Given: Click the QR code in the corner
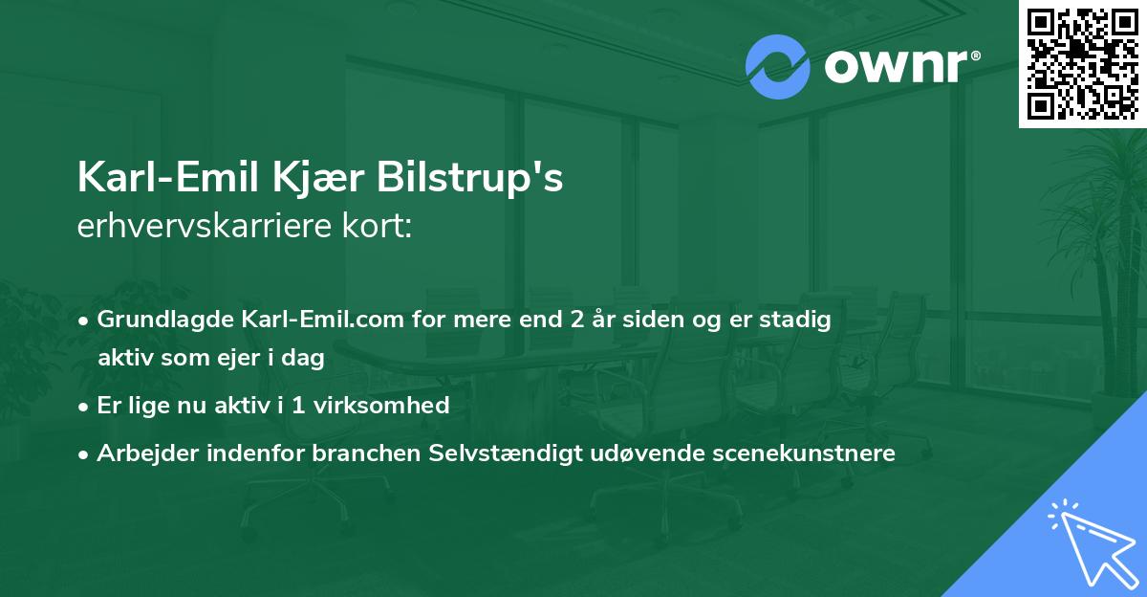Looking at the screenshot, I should pos(1082,63).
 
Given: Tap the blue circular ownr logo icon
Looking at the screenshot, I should pos(779,67).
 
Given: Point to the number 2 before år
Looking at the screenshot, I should pos(574,320).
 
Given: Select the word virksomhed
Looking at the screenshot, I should pos(392,406).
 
